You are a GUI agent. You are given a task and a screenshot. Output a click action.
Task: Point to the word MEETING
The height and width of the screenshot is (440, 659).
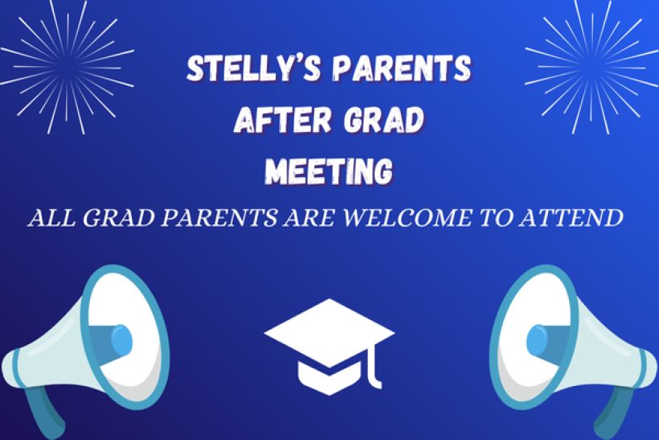(329, 171)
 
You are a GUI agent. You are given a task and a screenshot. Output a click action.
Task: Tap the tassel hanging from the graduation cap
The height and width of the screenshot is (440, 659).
(371, 367)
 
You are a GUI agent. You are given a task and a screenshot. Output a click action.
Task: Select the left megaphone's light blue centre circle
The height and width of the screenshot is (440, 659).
(121, 340)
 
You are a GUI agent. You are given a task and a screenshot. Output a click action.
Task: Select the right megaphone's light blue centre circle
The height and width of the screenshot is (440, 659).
(536, 340)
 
